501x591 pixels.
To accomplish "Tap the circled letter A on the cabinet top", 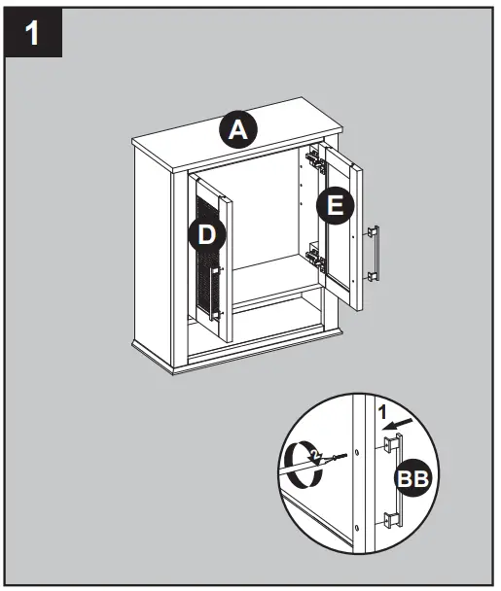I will [x=234, y=129].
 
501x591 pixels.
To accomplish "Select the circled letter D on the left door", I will [x=208, y=234].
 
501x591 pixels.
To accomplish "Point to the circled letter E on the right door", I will [x=335, y=205].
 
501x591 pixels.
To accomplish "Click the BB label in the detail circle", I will [x=412, y=478].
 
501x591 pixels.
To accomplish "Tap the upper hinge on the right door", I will [x=314, y=156].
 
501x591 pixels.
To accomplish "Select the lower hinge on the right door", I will [x=315, y=257].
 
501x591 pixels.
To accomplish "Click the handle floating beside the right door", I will [x=374, y=254].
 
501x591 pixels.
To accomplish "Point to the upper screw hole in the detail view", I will [x=358, y=453].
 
